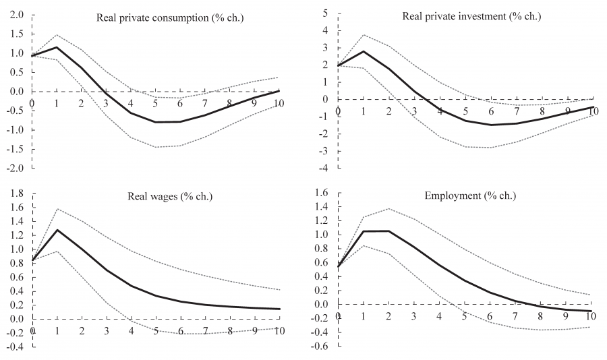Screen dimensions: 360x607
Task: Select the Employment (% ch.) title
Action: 469,196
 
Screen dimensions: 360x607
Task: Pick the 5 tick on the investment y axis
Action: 326,13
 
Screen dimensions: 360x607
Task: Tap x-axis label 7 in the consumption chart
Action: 205,102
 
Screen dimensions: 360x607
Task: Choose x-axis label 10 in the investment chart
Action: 592,110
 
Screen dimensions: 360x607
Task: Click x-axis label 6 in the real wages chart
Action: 181,330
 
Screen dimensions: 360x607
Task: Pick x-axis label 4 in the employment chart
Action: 439,316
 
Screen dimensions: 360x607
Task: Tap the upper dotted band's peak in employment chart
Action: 388,208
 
